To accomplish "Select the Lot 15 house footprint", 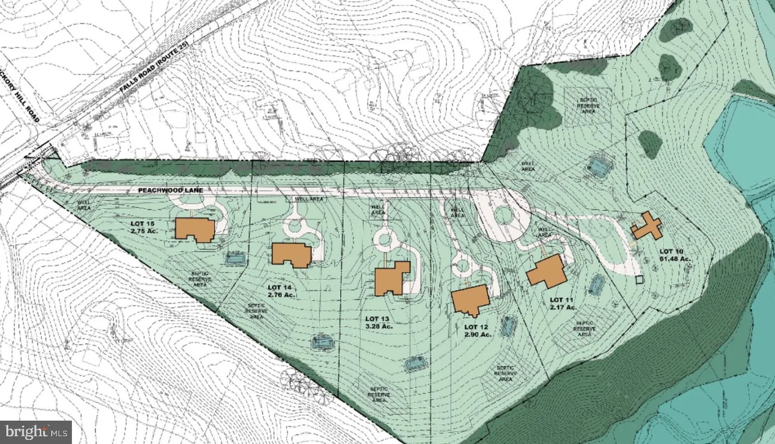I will (x=195, y=229).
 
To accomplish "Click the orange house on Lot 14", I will (x=291, y=253).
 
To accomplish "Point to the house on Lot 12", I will (x=470, y=300).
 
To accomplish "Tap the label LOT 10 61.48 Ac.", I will (x=674, y=255).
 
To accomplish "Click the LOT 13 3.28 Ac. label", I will (x=379, y=322).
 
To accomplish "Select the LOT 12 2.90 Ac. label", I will (x=477, y=331).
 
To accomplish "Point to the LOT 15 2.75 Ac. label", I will (x=144, y=227).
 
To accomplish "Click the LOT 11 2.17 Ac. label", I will (x=562, y=303).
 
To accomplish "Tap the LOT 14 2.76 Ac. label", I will (x=281, y=291).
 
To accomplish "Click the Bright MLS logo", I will (x=36, y=432).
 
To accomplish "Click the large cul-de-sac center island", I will (x=502, y=215).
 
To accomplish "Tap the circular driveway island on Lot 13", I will (x=383, y=238).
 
